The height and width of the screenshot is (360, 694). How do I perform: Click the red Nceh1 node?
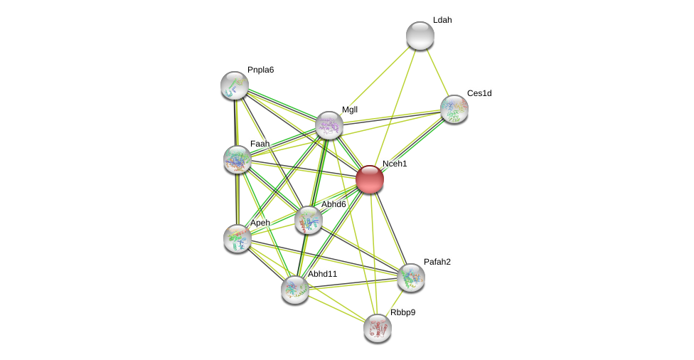click(370, 179)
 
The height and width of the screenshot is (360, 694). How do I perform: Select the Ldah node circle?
click(420, 36)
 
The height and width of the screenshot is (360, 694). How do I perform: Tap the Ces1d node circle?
click(454, 109)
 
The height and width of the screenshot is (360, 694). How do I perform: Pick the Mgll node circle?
click(329, 125)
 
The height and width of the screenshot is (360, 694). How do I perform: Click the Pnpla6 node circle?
click(235, 85)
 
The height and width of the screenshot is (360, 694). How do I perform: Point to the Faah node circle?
click(237, 159)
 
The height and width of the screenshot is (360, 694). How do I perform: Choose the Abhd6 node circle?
click(309, 220)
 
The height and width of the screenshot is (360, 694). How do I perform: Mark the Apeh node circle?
click(237, 238)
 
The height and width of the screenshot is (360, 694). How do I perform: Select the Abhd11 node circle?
click(295, 290)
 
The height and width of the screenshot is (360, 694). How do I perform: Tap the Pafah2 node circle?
click(411, 277)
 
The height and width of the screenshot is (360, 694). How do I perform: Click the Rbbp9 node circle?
click(378, 328)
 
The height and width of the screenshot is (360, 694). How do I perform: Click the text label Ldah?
click(442, 20)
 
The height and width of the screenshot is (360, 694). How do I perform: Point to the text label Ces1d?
click(479, 93)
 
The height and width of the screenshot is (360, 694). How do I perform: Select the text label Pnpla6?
click(260, 70)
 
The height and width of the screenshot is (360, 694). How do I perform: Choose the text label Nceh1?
click(395, 164)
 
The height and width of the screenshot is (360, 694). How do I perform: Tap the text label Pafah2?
click(437, 262)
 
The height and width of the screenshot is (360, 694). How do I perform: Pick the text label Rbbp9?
click(402, 312)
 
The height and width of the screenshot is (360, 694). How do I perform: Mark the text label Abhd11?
click(322, 274)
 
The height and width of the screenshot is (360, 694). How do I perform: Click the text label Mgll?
click(350, 110)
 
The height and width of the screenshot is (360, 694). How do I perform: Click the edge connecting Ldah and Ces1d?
click(437, 72)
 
